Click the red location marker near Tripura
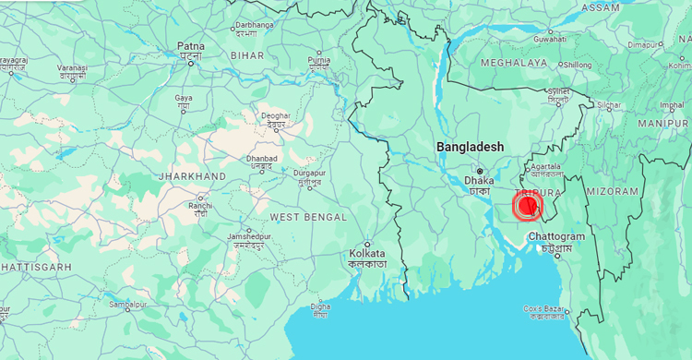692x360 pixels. [528, 205]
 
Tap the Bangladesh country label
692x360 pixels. [471, 147]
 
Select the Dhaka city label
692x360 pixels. [480, 181]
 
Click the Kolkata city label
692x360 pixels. [367, 253]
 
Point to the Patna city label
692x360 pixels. [191, 46]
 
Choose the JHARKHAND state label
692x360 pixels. [192, 175]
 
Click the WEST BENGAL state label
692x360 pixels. [308, 217]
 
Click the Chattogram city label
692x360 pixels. [556, 237]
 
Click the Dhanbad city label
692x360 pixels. [261, 159]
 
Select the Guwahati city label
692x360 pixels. [549, 40]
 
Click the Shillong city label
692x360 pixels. [577, 65]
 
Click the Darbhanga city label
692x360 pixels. [255, 26]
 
